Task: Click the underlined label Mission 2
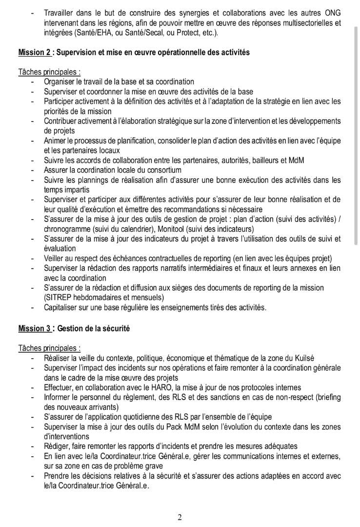[34, 53]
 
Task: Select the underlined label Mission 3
[34, 329]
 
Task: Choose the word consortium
[161, 170]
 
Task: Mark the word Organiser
[60, 82]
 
